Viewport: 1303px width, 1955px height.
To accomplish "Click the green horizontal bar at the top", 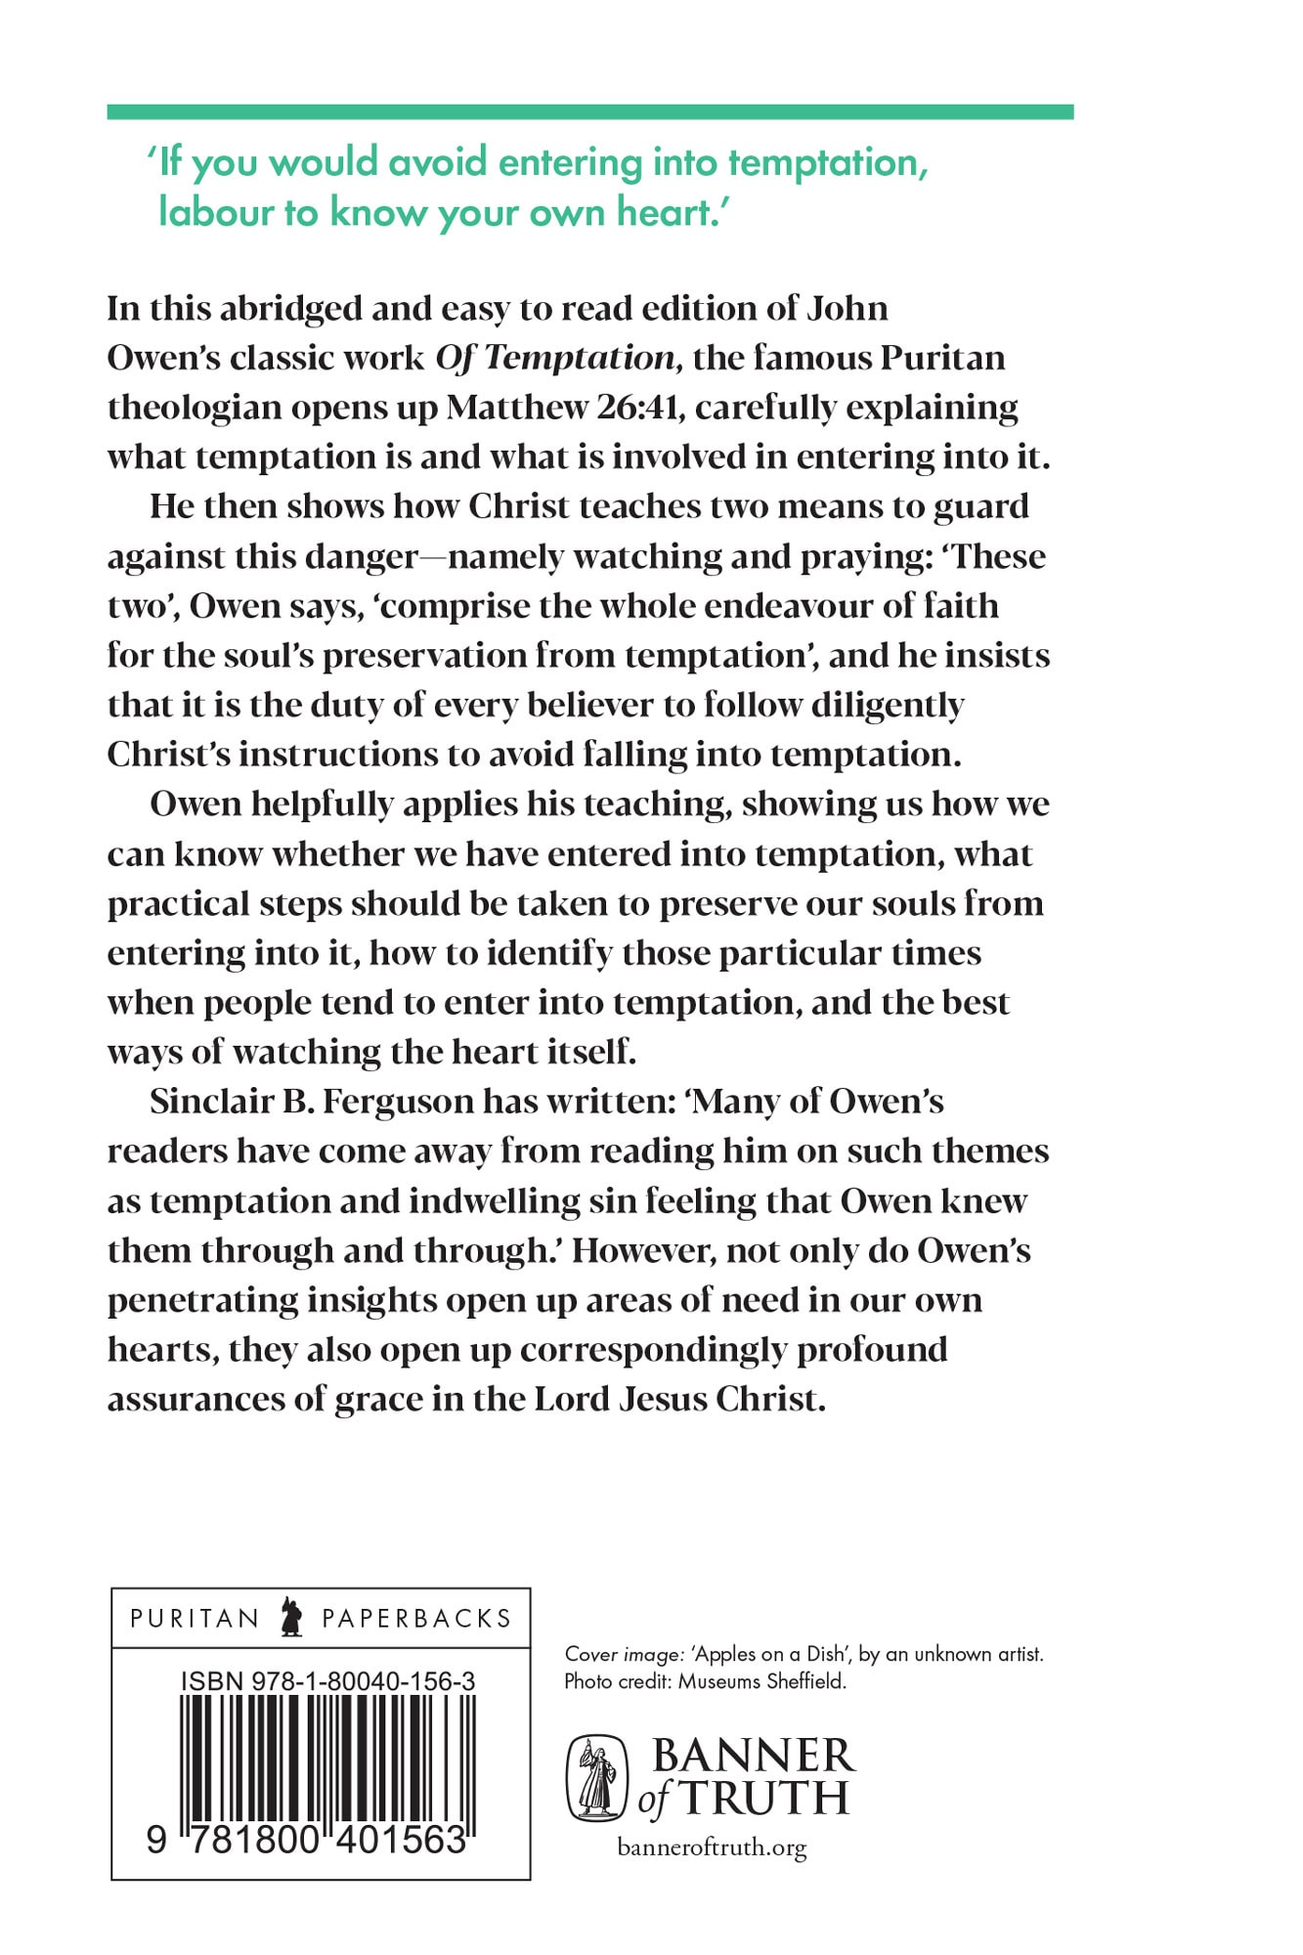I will (x=589, y=112).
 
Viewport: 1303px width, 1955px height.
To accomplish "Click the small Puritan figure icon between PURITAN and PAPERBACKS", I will (x=290, y=1618).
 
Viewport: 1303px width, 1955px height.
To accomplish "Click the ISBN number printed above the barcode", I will (x=328, y=1681).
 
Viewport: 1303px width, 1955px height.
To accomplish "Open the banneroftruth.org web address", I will (x=712, y=1847).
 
